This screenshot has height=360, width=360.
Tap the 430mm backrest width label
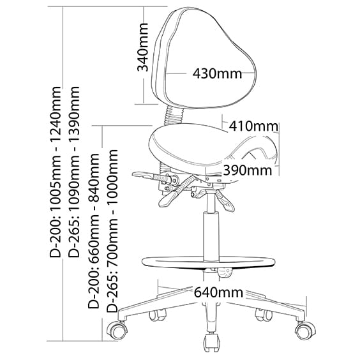[217, 73]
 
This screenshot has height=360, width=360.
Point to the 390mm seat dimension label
[248, 170]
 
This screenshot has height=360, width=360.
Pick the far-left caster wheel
[118, 331]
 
